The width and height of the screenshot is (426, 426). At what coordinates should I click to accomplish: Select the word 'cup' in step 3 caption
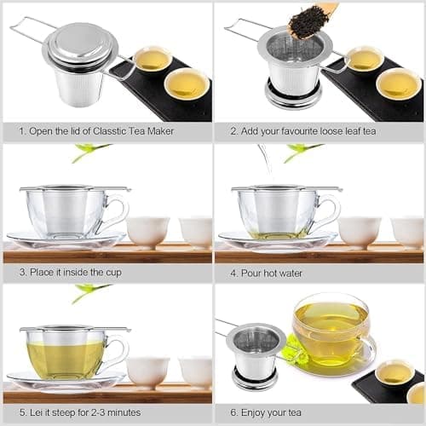point(113,273)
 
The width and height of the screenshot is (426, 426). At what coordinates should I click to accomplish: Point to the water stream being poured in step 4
point(266,162)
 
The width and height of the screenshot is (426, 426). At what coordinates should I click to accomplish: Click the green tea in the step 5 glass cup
point(66,360)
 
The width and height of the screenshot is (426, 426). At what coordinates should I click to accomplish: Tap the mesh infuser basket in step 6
point(256,352)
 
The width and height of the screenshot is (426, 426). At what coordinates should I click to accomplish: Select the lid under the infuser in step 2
point(293,95)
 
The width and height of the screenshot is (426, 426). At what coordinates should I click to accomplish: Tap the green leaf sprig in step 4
point(302,152)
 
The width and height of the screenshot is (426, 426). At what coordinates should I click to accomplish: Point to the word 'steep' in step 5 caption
point(64,412)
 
